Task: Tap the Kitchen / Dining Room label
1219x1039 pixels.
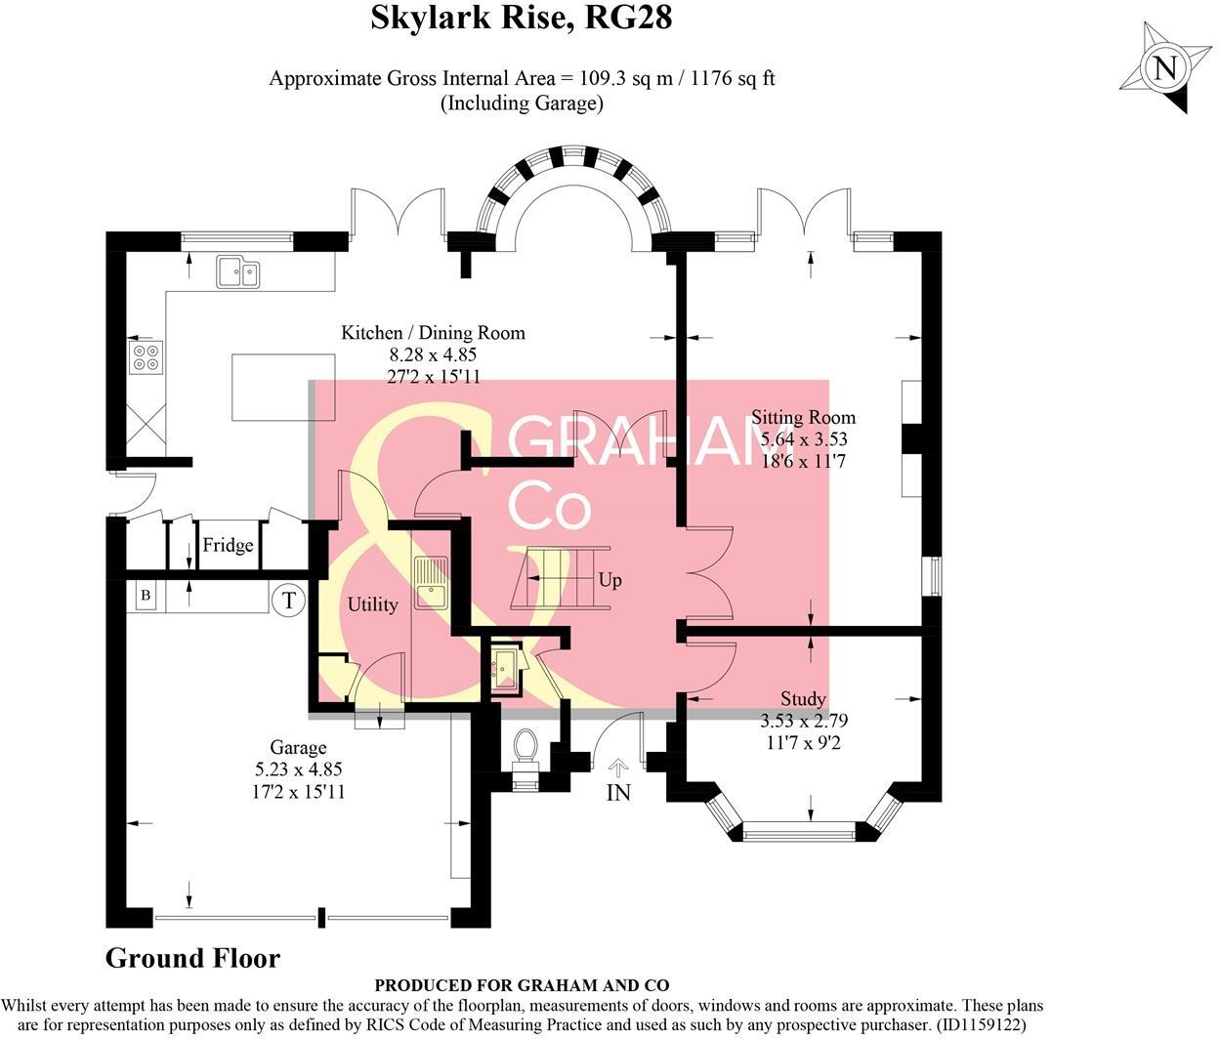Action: pyautogui.click(x=433, y=333)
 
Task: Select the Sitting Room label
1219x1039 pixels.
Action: pyautogui.click(x=803, y=418)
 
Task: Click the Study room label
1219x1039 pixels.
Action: pyautogui.click(x=803, y=699)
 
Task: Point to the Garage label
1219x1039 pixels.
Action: pyautogui.click(x=298, y=748)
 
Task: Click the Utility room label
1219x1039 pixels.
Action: pyautogui.click(x=372, y=605)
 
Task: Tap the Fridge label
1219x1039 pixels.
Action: pyautogui.click(x=228, y=546)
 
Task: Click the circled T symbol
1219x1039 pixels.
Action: pyautogui.click(x=288, y=599)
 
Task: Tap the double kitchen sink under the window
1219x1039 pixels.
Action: pyautogui.click(x=238, y=271)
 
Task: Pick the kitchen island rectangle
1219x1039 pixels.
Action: pyautogui.click(x=283, y=388)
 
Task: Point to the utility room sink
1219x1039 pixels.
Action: pyautogui.click(x=431, y=582)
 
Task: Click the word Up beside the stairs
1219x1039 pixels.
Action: pyautogui.click(x=609, y=581)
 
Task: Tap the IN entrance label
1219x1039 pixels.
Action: pyautogui.click(x=618, y=793)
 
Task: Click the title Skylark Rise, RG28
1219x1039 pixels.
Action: pyautogui.click(x=522, y=19)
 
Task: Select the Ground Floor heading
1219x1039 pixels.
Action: pyautogui.click(x=192, y=959)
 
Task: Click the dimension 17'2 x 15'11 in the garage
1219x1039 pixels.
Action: pyautogui.click(x=298, y=791)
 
